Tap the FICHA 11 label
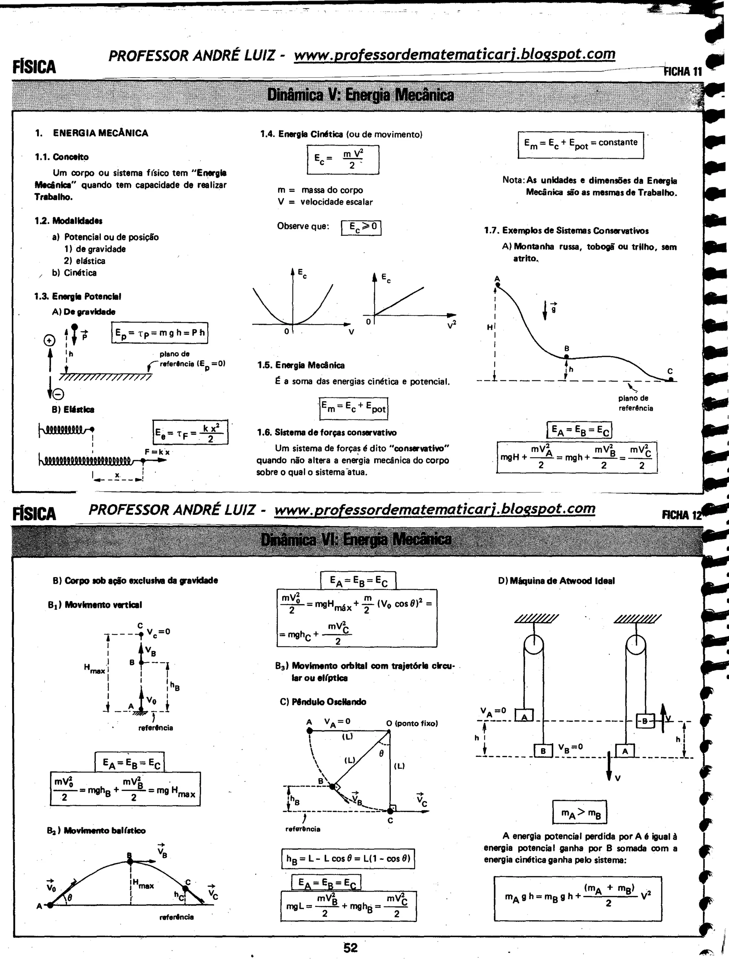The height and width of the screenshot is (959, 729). (x=683, y=72)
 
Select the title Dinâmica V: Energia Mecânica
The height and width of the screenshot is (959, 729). (x=361, y=95)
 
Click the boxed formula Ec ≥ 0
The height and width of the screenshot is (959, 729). (x=361, y=227)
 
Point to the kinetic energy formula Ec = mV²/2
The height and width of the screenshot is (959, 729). (x=343, y=160)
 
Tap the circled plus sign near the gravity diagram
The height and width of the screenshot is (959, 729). (x=49, y=341)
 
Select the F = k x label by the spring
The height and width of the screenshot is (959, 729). (x=157, y=452)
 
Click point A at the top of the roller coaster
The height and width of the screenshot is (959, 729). (x=498, y=285)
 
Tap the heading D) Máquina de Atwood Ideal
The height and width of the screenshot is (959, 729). (x=556, y=581)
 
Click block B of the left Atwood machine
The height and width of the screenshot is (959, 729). (x=543, y=751)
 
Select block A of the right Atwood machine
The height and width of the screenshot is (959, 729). (x=625, y=751)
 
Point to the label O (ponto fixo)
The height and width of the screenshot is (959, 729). (x=412, y=723)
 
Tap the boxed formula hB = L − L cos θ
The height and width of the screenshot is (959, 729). (x=348, y=858)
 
